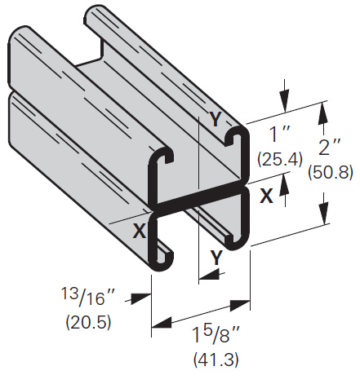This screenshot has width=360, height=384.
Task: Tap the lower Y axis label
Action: point(216,257)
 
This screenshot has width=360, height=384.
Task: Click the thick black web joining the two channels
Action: point(196,197)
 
